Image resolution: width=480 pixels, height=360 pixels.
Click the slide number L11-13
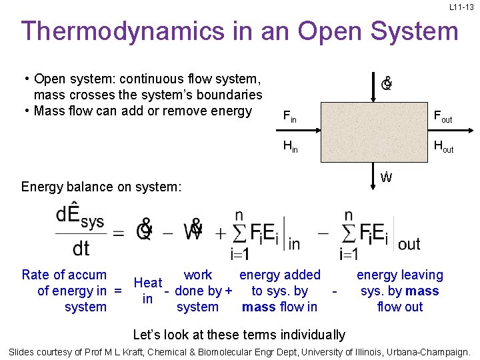click(x=461, y=7)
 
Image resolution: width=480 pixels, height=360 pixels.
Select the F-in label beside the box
click(x=290, y=118)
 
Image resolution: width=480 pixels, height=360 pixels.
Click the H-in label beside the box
click(x=290, y=147)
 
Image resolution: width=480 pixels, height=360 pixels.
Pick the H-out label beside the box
click(x=443, y=147)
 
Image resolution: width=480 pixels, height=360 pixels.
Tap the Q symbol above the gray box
click(x=386, y=84)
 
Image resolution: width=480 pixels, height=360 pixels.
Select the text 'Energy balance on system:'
click(x=101, y=187)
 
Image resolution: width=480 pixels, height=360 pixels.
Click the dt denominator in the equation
click(x=81, y=249)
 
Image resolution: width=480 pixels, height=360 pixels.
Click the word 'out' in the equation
click(x=409, y=244)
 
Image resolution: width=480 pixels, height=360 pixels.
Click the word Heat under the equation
click(x=148, y=283)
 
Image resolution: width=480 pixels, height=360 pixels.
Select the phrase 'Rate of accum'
click(x=64, y=275)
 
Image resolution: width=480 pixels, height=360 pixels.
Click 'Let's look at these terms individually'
click(x=239, y=335)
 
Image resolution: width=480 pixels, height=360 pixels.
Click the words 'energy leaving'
click(x=400, y=275)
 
